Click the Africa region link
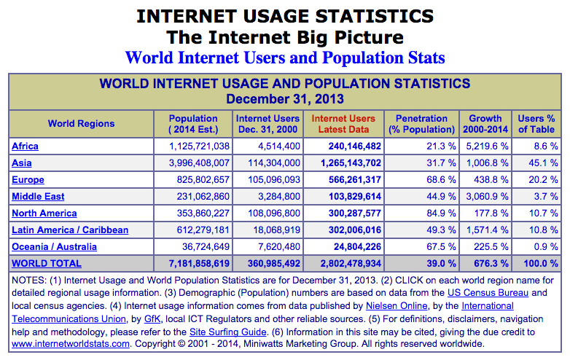click(x=25, y=146)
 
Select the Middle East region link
click(x=38, y=196)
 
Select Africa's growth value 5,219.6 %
click(x=485, y=146)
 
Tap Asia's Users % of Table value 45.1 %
click(x=543, y=163)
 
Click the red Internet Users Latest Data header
click(x=343, y=124)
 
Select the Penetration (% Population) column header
click(x=421, y=124)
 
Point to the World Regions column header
click(x=81, y=124)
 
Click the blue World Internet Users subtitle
click(x=285, y=57)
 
